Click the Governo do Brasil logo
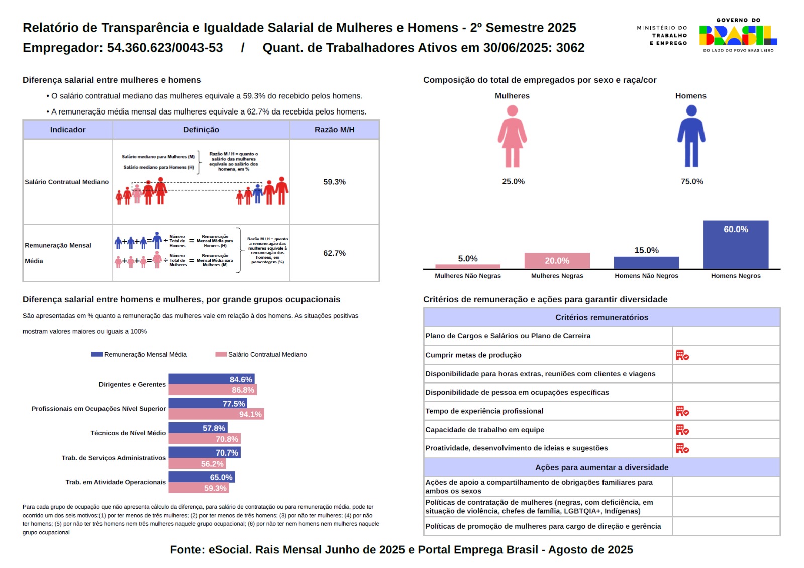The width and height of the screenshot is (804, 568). click(738, 35)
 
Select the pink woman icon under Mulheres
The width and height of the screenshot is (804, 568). click(512, 136)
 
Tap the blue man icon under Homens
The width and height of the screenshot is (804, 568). click(691, 136)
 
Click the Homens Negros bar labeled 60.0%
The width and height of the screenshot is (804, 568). click(736, 245)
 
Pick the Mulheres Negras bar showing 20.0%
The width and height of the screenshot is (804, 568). click(557, 261)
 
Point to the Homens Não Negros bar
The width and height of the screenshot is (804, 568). click(646, 263)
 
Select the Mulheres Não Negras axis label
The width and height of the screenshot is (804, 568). click(467, 276)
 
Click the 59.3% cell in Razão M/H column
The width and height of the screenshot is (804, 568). click(334, 182)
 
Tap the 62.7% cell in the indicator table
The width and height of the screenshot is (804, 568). click(334, 253)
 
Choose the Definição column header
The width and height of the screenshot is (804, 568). click(201, 130)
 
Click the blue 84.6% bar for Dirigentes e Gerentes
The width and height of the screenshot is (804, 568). click(211, 379)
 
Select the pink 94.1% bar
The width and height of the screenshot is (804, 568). click(216, 414)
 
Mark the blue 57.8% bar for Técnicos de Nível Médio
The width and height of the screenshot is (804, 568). click(198, 428)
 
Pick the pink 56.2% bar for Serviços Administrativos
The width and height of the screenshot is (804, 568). click(197, 464)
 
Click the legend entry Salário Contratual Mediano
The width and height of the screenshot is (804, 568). click(261, 354)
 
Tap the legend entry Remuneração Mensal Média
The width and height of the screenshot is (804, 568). click(139, 354)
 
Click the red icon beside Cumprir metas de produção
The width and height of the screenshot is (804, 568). click(682, 355)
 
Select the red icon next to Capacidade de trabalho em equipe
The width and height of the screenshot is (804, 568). click(682, 430)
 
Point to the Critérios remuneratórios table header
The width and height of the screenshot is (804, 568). click(601, 317)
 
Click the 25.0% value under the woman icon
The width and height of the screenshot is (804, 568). click(513, 181)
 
